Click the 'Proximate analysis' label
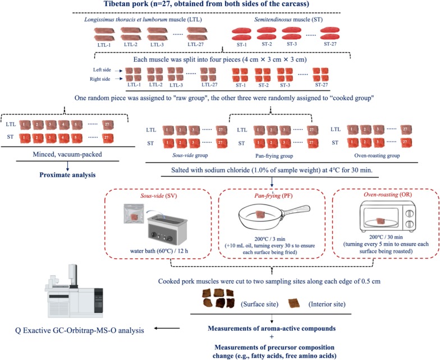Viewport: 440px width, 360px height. pos(67,175)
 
